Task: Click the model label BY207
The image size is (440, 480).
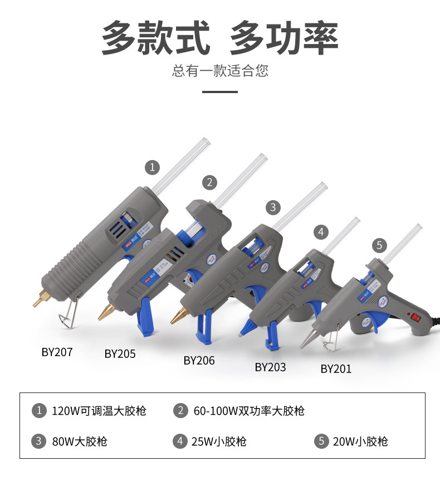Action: (x=57, y=352)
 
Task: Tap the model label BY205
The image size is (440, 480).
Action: (x=120, y=353)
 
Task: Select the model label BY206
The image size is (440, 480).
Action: (x=199, y=360)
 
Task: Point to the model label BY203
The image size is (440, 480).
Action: (x=270, y=367)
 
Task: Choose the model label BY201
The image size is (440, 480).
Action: (x=336, y=369)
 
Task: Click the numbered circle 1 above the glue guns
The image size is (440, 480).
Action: (x=152, y=167)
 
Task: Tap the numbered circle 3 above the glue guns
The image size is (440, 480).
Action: (x=272, y=207)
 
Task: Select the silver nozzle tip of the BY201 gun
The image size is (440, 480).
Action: (x=308, y=340)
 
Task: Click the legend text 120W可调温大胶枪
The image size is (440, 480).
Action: (x=99, y=411)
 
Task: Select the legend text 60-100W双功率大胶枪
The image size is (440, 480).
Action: (x=249, y=411)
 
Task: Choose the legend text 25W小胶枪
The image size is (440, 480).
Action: (x=219, y=442)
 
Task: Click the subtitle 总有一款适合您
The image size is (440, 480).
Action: (x=220, y=71)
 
